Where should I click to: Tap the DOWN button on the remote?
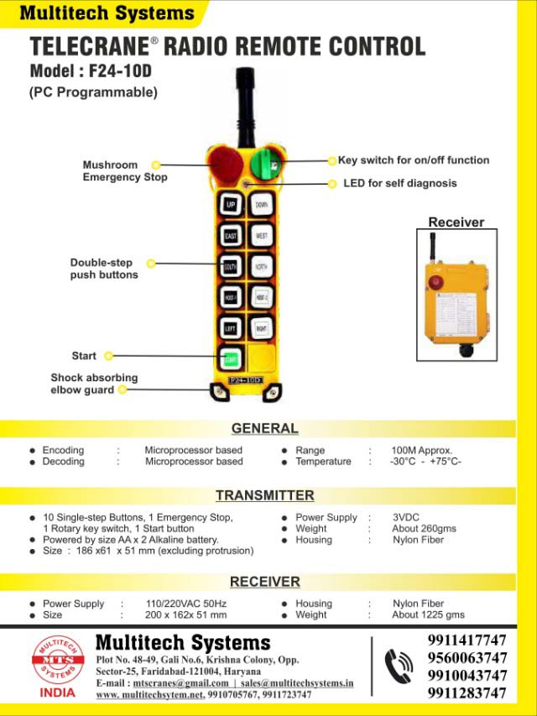point(262,205)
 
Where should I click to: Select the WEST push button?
point(262,236)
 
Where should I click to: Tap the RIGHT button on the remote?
point(262,328)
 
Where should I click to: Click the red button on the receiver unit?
point(435,282)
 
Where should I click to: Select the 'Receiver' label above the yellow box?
point(456,222)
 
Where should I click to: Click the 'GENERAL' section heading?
point(264,428)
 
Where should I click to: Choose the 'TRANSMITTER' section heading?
point(264,495)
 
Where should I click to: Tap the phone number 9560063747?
point(467,657)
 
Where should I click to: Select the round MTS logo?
point(58,660)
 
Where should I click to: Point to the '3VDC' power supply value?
point(409,518)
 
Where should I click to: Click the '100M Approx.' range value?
point(421,451)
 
